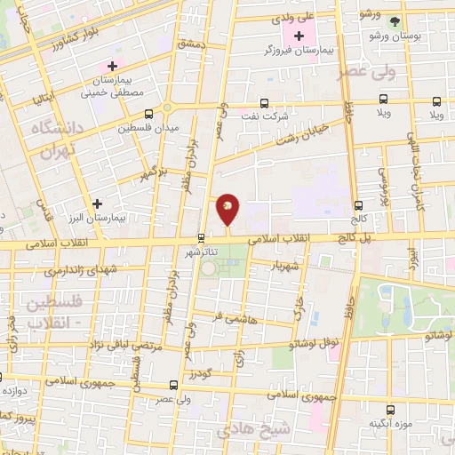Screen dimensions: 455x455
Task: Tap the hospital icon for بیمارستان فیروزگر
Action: [299, 36]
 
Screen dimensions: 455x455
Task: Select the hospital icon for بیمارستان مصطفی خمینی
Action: [112, 66]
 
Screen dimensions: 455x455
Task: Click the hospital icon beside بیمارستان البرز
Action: [97, 204]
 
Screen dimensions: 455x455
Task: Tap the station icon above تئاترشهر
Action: [201, 237]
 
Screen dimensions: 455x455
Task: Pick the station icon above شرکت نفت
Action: [263, 102]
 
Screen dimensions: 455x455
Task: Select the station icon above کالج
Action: [358, 204]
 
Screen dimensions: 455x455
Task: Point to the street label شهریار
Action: [291, 265]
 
